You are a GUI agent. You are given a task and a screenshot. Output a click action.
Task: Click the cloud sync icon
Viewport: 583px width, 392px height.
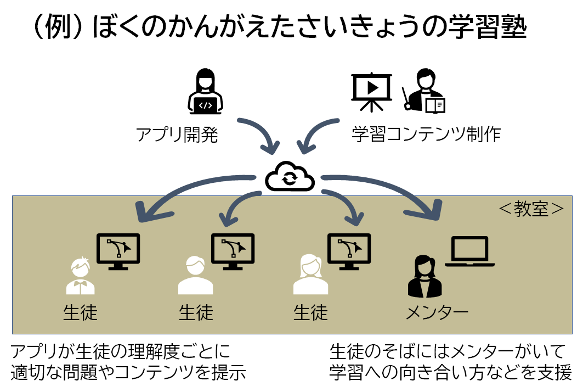[x=290, y=177]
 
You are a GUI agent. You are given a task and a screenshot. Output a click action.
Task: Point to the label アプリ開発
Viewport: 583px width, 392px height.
[x=177, y=135]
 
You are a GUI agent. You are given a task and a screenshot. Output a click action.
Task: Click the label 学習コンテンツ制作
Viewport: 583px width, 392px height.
[x=426, y=135]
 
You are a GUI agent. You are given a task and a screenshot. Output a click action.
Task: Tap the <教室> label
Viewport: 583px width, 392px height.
[x=531, y=209]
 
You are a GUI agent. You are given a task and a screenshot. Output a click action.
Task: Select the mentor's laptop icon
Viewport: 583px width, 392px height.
[x=467, y=251]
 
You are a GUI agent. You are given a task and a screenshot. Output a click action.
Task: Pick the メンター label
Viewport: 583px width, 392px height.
[x=437, y=313]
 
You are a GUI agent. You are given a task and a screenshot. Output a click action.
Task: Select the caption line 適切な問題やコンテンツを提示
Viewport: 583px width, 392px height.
[x=128, y=372]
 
